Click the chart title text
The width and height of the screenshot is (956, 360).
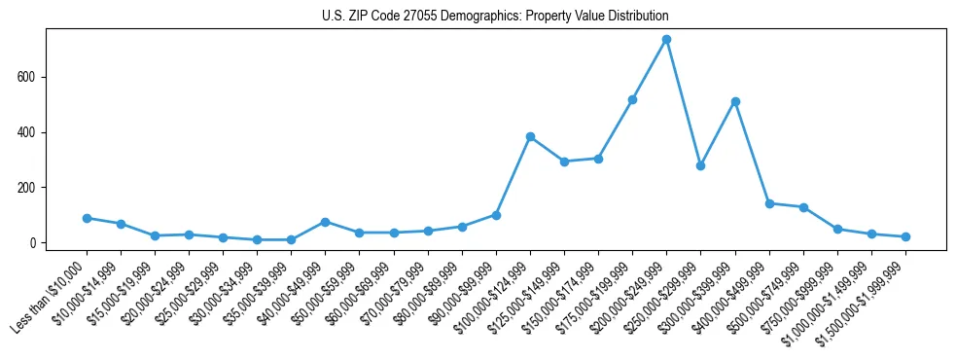point(495,17)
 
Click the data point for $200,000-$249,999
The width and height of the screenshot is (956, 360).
point(666,39)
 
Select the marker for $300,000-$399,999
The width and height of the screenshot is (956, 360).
point(735,101)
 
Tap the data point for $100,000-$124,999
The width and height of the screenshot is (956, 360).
point(530,136)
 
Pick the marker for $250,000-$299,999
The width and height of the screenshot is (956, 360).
point(700,165)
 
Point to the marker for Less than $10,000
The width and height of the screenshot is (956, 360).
point(87,218)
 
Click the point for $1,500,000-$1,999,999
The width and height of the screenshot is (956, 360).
point(905,236)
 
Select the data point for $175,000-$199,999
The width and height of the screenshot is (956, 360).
point(632,99)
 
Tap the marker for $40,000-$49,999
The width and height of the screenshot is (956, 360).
point(325,222)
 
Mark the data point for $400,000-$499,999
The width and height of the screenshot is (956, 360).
point(769,203)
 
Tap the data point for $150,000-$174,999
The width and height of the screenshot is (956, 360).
point(598,159)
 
